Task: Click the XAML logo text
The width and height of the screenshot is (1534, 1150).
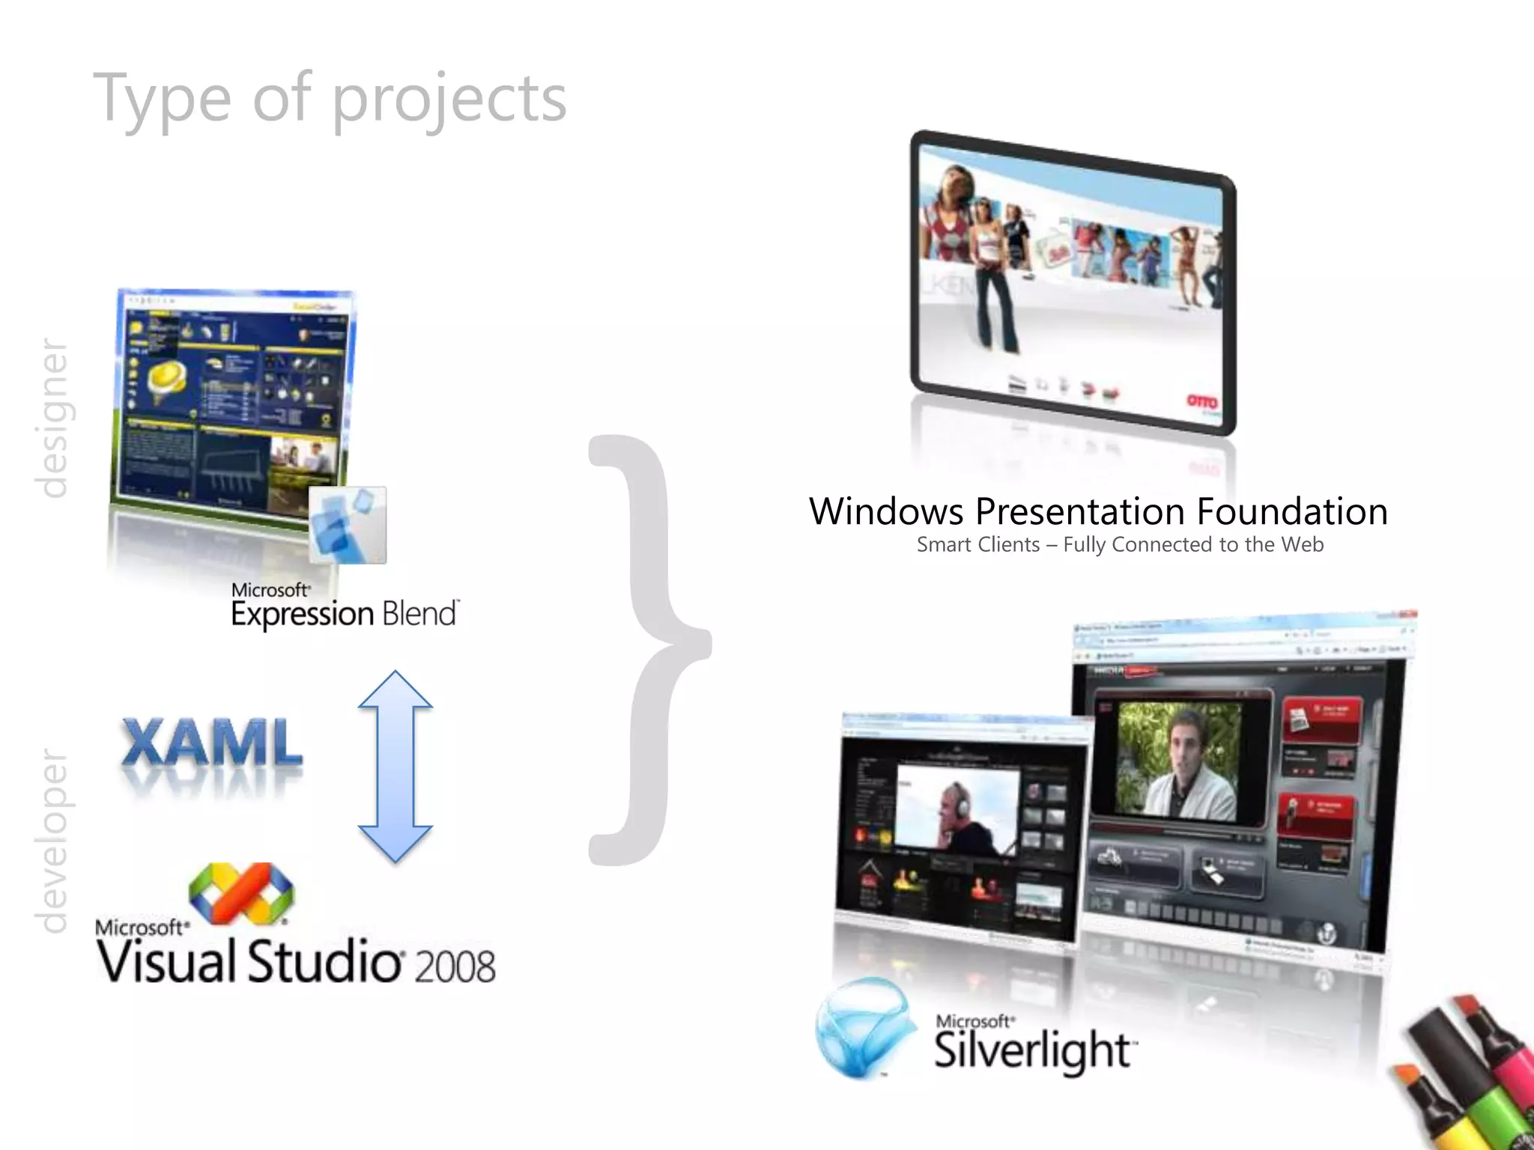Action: click(x=213, y=743)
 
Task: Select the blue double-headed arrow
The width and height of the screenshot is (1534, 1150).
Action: click(x=395, y=766)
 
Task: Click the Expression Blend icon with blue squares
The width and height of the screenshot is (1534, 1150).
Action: click(x=348, y=524)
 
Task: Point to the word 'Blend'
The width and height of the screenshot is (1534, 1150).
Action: click(x=419, y=614)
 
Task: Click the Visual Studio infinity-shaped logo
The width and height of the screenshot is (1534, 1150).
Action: click(x=241, y=892)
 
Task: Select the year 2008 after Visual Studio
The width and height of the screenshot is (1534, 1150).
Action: click(x=455, y=966)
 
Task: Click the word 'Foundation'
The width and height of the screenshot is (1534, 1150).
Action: click(x=1291, y=512)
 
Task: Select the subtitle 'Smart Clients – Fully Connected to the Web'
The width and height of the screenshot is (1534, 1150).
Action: click(x=1120, y=545)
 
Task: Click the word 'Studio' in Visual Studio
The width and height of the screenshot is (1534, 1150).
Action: click(x=324, y=962)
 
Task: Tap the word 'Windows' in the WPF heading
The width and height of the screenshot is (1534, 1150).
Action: click(x=887, y=512)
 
